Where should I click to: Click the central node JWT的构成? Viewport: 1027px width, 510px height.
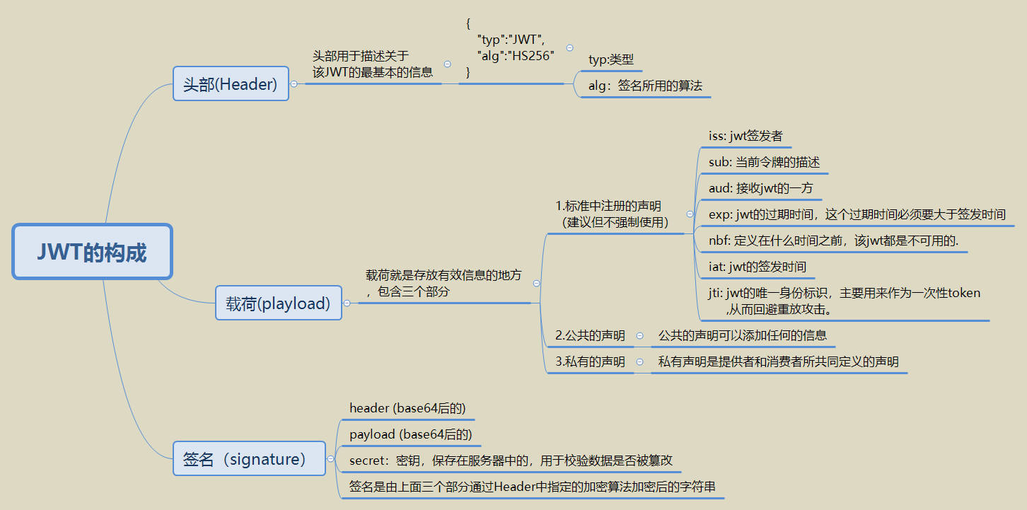click(92, 252)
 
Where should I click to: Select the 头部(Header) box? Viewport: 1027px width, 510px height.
click(231, 84)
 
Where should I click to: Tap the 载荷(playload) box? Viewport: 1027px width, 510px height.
click(278, 303)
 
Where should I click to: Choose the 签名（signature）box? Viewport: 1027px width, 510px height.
click(249, 459)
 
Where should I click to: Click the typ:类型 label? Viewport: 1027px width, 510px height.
click(611, 60)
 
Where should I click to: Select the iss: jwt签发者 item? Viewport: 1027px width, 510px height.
click(745, 136)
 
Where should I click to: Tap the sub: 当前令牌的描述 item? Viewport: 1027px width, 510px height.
click(764, 162)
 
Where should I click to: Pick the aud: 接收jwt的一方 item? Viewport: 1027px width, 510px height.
click(760, 188)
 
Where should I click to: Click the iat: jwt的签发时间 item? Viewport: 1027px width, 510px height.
click(757, 267)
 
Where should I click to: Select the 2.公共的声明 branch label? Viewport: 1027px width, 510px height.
click(590, 335)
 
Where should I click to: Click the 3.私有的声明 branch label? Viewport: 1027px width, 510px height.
click(590, 362)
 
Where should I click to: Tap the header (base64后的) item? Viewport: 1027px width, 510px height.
click(407, 408)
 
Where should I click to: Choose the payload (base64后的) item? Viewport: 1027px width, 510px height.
click(410, 434)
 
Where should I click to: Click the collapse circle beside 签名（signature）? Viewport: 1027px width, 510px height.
click(330, 459)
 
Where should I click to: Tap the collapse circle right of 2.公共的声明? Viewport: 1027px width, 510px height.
click(639, 335)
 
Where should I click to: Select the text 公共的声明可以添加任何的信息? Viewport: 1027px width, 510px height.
click(743, 335)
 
